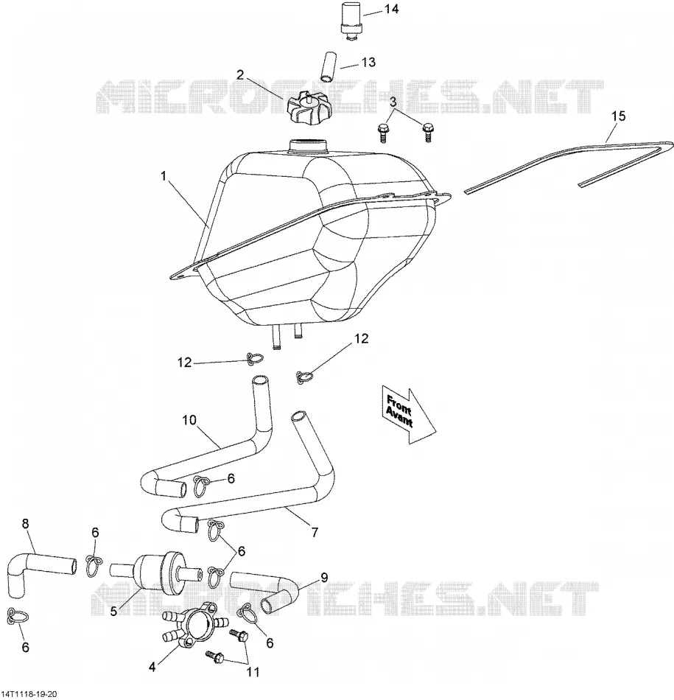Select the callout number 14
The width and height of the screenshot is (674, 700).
(391, 9)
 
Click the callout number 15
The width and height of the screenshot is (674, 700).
(618, 116)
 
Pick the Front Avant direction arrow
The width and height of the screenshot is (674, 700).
(408, 416)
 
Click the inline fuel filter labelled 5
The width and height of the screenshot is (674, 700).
(152, 573)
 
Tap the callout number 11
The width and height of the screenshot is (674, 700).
(253, 671)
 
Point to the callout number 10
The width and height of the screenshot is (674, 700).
(189, 420)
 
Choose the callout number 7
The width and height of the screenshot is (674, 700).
(315, 532)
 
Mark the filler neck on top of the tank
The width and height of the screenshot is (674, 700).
(308, 147)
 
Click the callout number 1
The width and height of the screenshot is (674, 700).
(164, 176)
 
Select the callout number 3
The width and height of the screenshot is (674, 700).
(393, 102)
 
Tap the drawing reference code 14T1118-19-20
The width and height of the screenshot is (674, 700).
(29, 694)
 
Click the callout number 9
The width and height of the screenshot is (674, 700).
(323, 578)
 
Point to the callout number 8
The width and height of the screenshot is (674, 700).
(25, 523)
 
